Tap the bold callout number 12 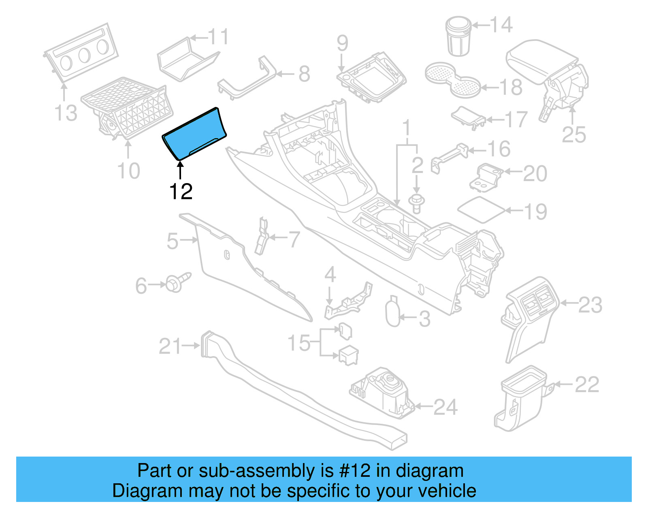click(181, 192)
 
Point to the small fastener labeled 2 click(416, 203)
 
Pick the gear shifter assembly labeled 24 click(383, 393)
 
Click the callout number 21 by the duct click(170, 346)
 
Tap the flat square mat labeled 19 click(481, 209)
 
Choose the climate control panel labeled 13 click(81, 53)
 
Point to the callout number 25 click(574, 135)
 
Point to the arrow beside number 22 click(563, 384)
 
